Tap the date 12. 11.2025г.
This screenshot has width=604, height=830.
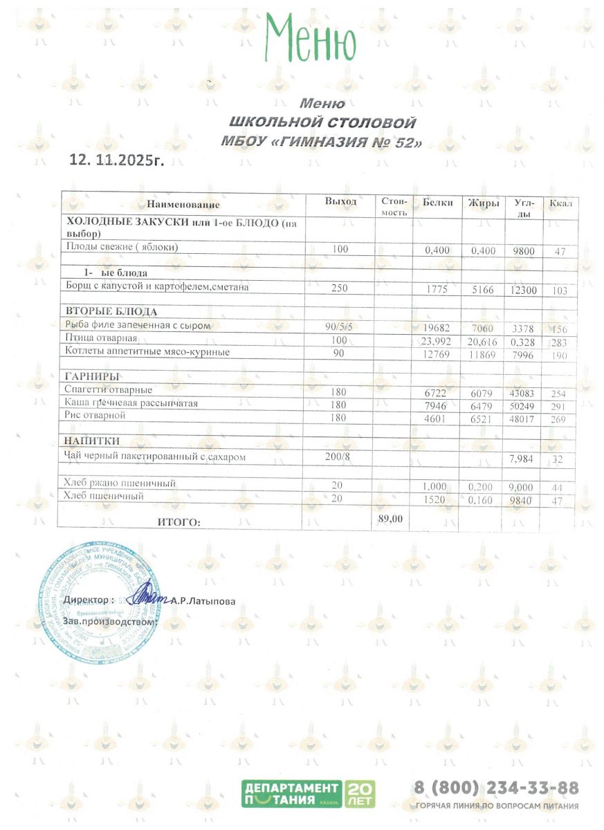[118, 160]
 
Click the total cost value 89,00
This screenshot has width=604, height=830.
[392, 517]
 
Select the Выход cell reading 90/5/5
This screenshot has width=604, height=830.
[339, 325]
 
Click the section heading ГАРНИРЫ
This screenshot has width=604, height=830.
[92, 376]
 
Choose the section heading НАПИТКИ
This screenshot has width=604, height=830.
[93, 441]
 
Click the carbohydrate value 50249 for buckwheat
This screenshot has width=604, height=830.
[523, 406]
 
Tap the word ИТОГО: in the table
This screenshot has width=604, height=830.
[180, 523]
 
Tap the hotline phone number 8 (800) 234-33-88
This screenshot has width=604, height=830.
[495, 788]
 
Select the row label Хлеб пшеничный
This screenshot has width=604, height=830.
[104, 496]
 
